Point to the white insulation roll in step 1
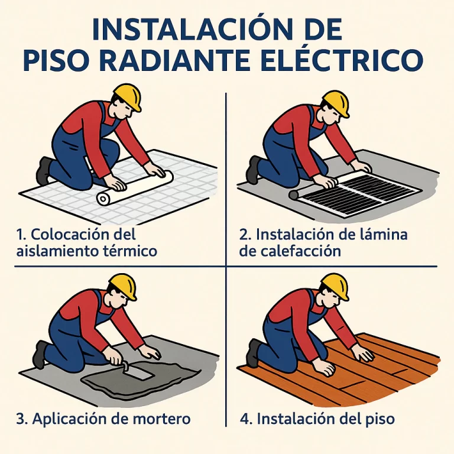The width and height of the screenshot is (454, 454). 135,189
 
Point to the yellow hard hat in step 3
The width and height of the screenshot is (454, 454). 124,287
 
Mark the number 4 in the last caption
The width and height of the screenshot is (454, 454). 245,419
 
